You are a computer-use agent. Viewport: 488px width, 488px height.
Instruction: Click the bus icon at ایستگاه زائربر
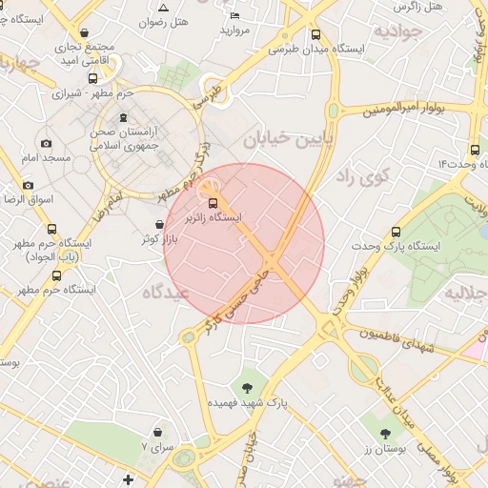[212, 202]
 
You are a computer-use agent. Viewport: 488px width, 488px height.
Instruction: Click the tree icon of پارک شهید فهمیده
[248, 387]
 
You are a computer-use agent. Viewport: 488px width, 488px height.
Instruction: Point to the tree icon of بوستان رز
[385, 434]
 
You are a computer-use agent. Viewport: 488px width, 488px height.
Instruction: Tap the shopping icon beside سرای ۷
[155, 433]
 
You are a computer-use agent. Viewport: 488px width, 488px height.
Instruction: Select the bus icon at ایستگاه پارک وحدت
[396, 232]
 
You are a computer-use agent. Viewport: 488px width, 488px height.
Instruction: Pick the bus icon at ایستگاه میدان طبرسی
[315, 35]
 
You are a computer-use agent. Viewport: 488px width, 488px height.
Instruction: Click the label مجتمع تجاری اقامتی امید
[85, 53]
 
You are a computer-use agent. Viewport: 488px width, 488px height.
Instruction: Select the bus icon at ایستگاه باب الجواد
[51, 230]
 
